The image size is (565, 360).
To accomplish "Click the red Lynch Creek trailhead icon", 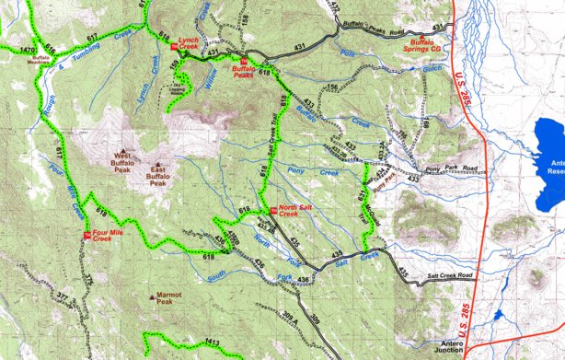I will (x=176, y=48).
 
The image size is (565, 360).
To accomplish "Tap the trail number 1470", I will (x=27, y=49).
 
